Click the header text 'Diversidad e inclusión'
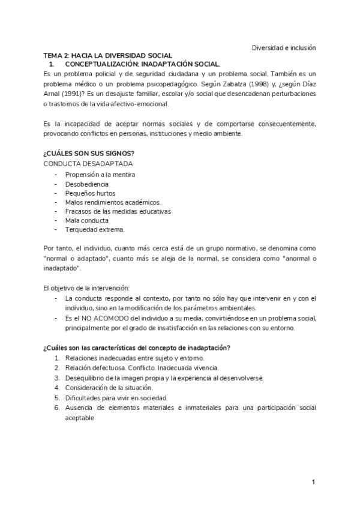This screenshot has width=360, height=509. (x=284, y=47)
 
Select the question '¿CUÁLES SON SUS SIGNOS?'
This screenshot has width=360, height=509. (x=88, y=153)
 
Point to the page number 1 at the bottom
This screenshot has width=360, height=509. (x=314, y=483)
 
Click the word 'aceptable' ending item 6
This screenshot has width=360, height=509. (x=80, y=418)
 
